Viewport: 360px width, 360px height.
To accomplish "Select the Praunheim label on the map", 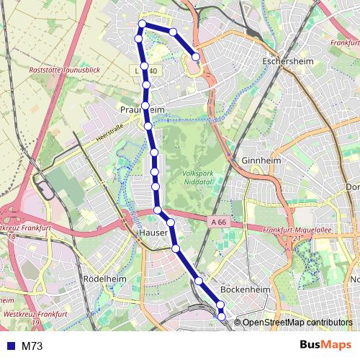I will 143,108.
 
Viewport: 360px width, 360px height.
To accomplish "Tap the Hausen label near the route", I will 155,233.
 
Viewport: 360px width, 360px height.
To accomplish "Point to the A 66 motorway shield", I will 218,222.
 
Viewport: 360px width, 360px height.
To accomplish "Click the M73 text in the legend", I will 32,346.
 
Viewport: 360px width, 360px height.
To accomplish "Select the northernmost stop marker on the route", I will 143,24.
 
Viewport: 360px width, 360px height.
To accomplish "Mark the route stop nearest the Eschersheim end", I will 196,56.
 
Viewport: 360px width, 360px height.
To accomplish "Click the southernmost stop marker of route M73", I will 222,317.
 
